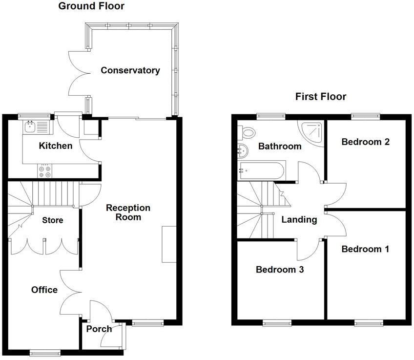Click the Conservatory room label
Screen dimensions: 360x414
click(x=130, y=70)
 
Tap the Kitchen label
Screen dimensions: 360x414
click(x=56, y=146)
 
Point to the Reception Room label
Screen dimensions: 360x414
click(x=128, y=212)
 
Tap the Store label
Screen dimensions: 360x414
click(x=52, y=220)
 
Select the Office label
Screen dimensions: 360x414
click(x=44, y=290)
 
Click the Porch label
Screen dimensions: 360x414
click(x=99, y=329)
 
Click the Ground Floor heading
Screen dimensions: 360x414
click(x=91, y=6)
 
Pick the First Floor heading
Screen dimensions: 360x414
click(x=321, y=96)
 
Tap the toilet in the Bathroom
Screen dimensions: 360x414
click(x=247, y=132)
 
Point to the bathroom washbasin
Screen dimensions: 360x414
click(x=242, y=150)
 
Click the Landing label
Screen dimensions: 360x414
click(x=299, y=220)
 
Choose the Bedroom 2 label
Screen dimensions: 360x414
click(x=365, y=142)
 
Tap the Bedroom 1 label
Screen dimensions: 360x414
click(x=365, y=249)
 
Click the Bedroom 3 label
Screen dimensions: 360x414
click(x=280, y=269)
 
